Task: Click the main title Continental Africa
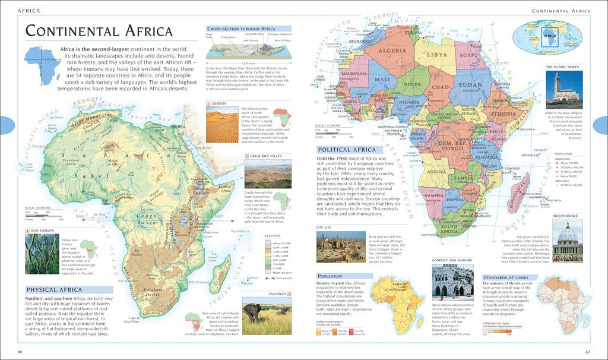[99, 31]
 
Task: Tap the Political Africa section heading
[347, 150]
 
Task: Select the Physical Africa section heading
[53, 290]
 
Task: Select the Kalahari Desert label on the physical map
[156, 292]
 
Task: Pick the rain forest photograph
[42, 254]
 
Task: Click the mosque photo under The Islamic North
[564, 90]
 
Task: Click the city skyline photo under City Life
[341, 247]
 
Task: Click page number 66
[20, 353]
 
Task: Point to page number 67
[587, 353]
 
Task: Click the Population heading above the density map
[330, 276]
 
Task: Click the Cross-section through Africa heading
[240, 29]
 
